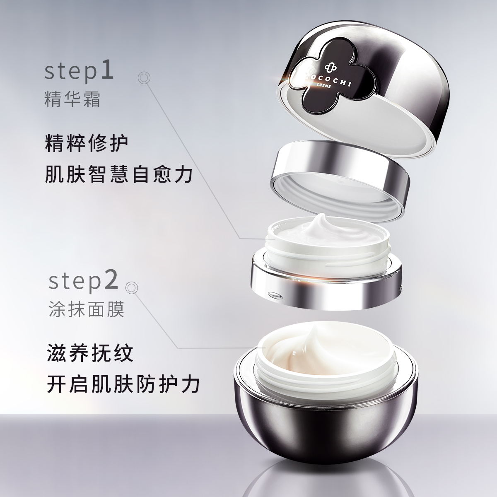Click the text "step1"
point(79,73)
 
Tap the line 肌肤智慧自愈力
point(118,175)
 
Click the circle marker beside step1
point(144,77)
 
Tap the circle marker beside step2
point(132,287)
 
